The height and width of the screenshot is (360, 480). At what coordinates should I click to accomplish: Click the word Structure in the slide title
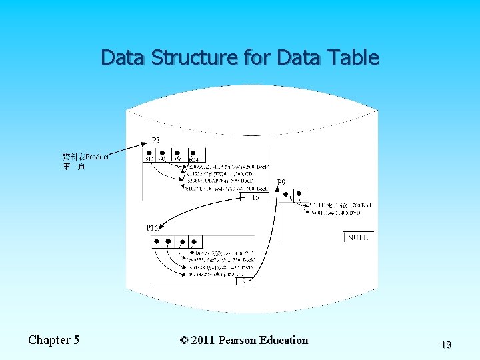click(x=193, y=58)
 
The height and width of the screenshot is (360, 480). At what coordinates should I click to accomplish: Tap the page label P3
click(x=155, y=140)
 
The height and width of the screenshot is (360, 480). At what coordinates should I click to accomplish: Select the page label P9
click(x=282, y=182)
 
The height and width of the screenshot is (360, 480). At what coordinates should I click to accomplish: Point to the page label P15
click(x=153, y=228)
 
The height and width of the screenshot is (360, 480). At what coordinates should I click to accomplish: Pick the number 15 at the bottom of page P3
click(x=255, y=197)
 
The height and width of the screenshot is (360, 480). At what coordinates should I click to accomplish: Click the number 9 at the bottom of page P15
click(x=244, y=281)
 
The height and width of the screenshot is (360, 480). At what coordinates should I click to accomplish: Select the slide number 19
click(x=446, y=345)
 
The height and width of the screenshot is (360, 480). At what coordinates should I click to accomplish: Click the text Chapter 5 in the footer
click(x=53, y=340)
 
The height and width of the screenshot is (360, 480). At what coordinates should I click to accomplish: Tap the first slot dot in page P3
click(x=149, y=153)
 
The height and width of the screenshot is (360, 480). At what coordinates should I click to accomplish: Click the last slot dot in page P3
click(x=193, y=153)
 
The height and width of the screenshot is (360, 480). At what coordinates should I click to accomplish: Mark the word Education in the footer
click(x=287, y=340)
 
